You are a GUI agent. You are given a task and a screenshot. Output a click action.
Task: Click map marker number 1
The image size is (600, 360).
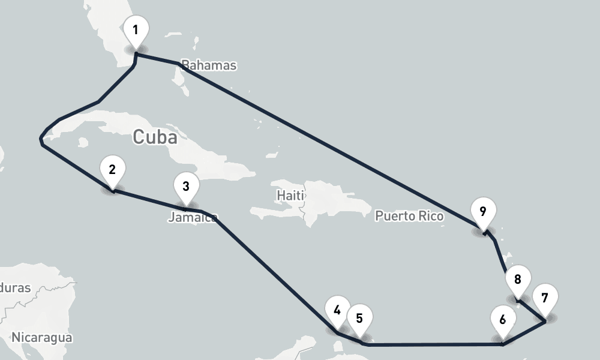point(136,31)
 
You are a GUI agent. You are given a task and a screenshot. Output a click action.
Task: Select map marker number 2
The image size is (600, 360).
point(112,170)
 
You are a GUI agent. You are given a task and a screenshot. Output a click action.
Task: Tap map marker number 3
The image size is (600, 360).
point(186,187)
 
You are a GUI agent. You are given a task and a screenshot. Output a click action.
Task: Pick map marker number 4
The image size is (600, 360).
point(337,311)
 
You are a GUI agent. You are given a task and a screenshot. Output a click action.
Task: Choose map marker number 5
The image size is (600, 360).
point(359,319)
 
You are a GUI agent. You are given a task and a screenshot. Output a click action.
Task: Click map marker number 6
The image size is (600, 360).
point(502,319)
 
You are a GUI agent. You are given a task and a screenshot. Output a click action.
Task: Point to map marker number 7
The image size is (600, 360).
point(545,298)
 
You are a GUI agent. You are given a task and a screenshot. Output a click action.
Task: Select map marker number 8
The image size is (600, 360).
point(518,280)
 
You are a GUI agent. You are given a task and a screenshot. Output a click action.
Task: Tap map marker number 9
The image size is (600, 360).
point(483,211)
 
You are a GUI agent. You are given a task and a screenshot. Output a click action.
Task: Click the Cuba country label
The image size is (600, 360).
point(155,137)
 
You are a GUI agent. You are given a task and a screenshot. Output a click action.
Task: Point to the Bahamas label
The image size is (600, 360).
point(209,65)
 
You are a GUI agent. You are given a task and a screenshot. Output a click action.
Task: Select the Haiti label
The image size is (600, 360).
point(291,196)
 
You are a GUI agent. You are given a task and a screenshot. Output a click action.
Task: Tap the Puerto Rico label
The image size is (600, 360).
point(409,216)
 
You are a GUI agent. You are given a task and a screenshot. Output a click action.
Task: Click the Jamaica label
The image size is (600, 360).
point(192,217)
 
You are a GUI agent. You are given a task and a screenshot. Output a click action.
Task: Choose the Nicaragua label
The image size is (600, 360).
point(41,337)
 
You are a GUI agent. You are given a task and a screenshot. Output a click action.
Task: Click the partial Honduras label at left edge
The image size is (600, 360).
point(15,288)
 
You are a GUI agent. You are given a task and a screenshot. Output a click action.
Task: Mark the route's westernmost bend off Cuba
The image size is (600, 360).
point(40,139)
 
